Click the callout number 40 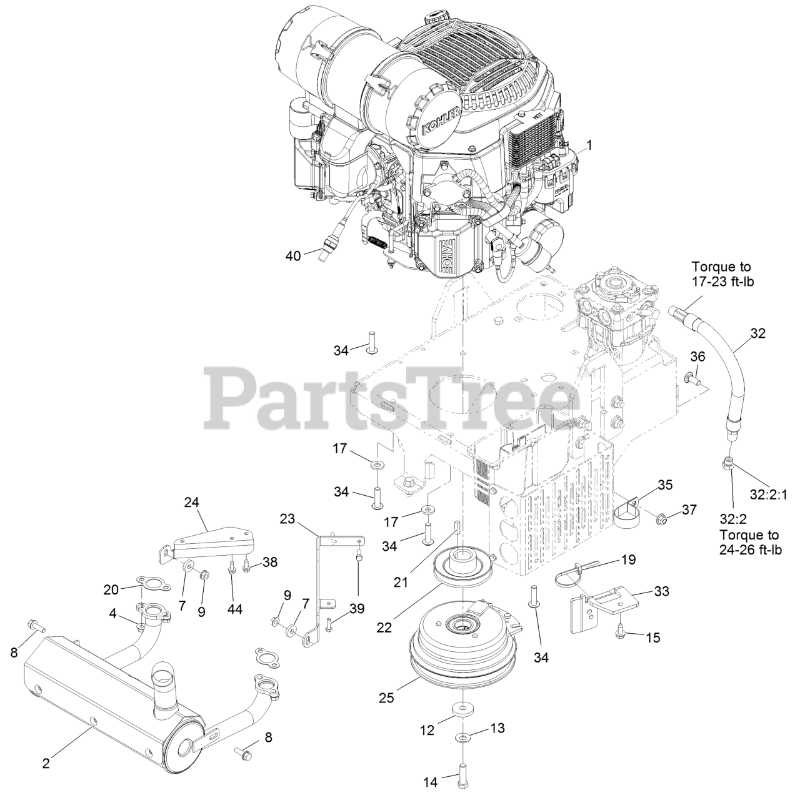pos(293,255)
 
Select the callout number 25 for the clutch pos(387,697)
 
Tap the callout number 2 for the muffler pos(46,763)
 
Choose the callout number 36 pos(697,357)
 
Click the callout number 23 pos(287,518)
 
